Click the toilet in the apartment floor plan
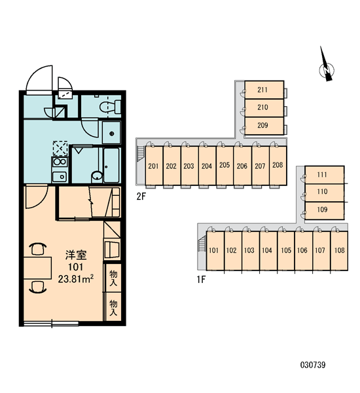(x=110, y=107)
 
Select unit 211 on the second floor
(x=264, y=90)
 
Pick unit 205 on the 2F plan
(x=225, y=166)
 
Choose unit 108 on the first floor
(x=339, y=251)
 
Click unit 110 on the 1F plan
(x=325, y=193)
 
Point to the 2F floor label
(x=141, y=196)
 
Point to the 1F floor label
(x=201, y=280)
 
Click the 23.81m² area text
(x=76, y=279)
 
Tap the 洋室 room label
(x=76, y=255)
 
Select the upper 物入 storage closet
(x=113, y=278)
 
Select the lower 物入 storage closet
(x=113, y=307)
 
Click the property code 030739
(x=313, y=365)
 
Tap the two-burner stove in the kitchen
(x=60, y=162)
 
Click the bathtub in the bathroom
(x=111, y=166)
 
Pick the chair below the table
(x=38, y=287)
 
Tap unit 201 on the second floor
(x=154, y=166)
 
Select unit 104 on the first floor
(x=267, y=251)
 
